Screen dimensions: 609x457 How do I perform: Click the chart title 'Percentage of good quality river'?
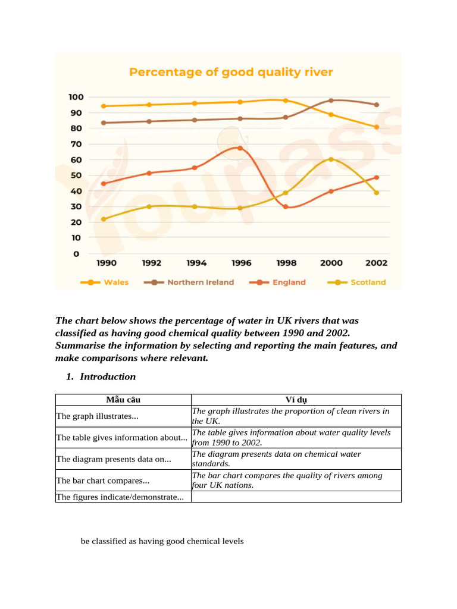click(231, 73)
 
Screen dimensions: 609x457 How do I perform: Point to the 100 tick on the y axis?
click(76, 97)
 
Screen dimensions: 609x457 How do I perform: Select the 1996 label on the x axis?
click(240, 263)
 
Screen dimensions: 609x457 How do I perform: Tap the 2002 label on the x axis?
click(376, 263)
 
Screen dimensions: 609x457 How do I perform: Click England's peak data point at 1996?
click(240, 148)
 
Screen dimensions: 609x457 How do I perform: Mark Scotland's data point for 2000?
click(331, 159)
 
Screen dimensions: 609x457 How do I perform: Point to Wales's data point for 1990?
click(104, 106)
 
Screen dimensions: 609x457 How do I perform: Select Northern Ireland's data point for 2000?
click(331, 101)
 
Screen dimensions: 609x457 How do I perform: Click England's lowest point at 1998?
click(286, 207)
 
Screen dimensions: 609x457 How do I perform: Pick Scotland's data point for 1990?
click(104, 219)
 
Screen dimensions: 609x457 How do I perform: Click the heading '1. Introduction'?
click(107, 376)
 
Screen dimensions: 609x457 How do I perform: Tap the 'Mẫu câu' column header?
click(123, 400)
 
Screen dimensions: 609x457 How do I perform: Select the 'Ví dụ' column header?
click(296, 400)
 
